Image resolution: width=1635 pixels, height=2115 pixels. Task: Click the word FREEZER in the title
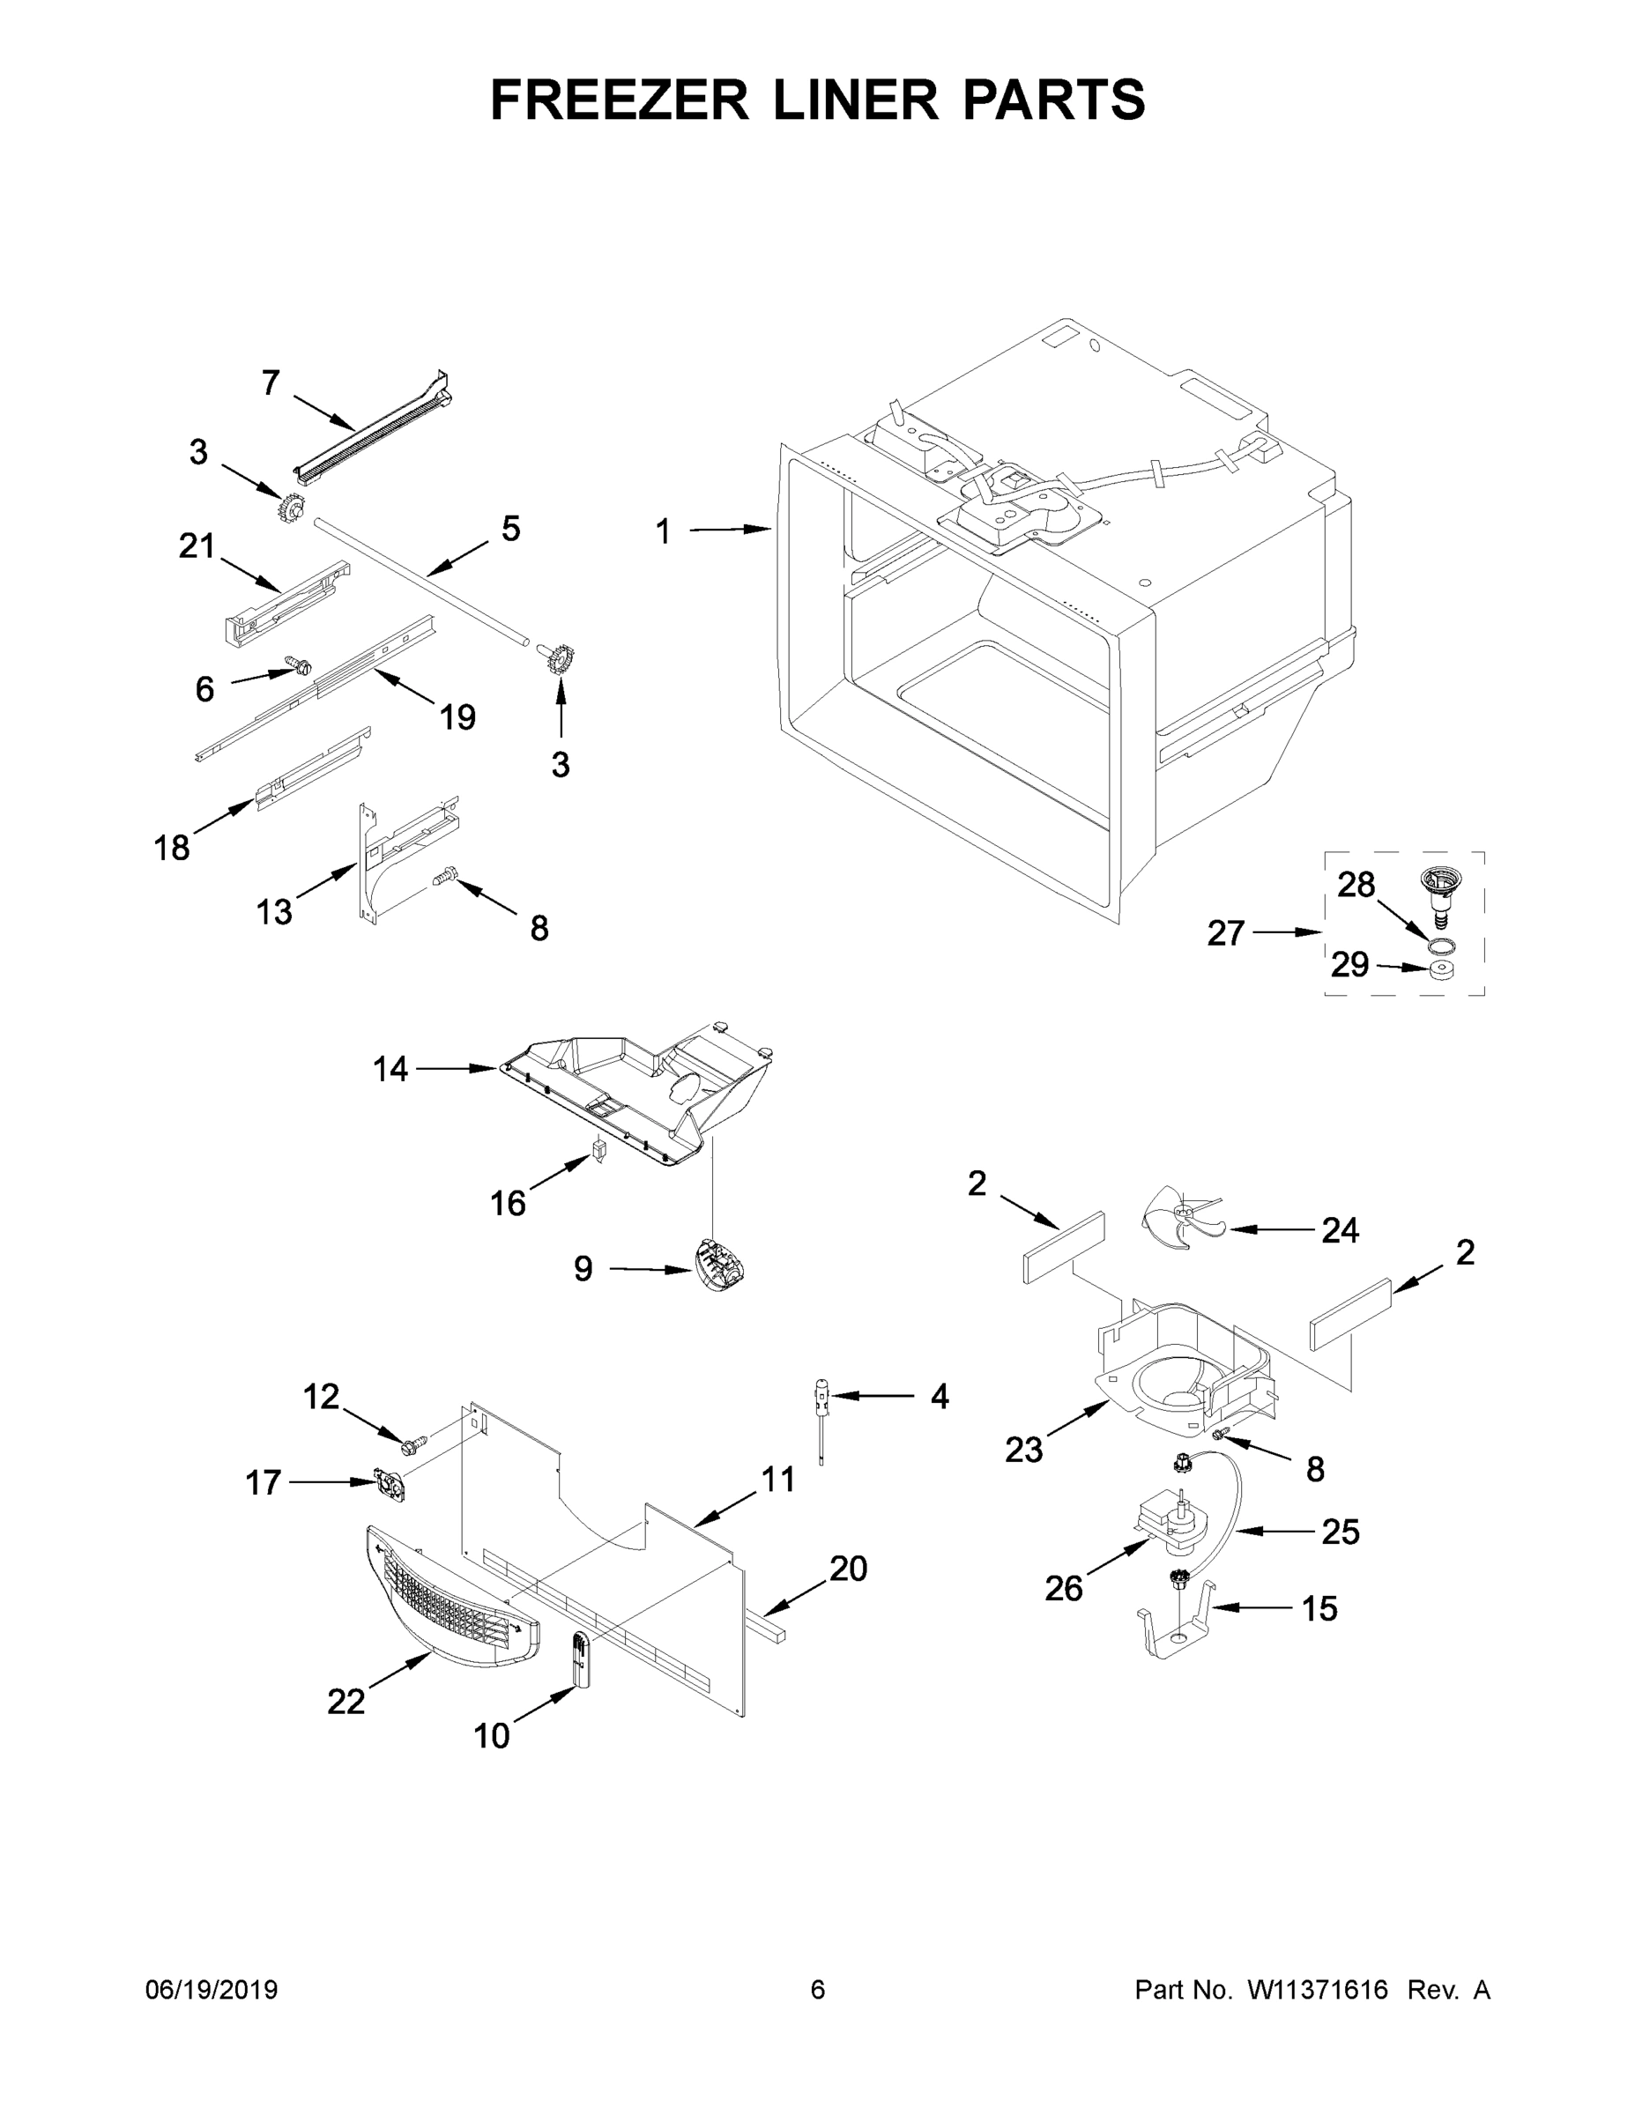click(x=619, y=100)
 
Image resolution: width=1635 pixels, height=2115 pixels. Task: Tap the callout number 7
click(x=271, y=383)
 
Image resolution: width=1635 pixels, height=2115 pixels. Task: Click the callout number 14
click(x=391, y=1069)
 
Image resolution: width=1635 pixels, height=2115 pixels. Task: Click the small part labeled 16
click(x=598, y=1152)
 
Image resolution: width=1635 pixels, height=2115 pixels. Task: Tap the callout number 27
click(x=1225, y=932)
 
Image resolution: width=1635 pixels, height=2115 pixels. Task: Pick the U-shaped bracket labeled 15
click(x=1178, y=1633)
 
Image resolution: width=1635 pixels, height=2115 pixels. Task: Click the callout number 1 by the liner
click(x=664, y=531)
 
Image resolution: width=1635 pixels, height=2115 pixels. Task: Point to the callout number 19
click(x=457, y=717)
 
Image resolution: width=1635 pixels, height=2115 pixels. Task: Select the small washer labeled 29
click(x=1442, y=970)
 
